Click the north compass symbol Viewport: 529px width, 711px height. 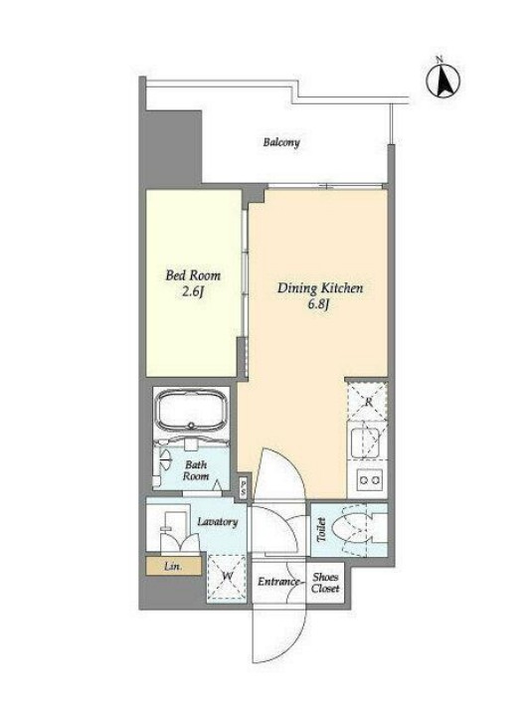[442, 81]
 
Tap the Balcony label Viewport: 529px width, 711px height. [281, 142]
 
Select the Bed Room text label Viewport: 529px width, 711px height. [193, 275]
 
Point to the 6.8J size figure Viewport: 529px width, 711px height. [318, 304]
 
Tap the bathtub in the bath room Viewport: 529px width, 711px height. [191, 411]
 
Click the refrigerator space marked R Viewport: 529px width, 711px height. [367, 402]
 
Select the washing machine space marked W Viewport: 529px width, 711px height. [227, 577]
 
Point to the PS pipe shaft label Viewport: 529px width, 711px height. [244, 489]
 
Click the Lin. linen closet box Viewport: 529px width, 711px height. [174, 566]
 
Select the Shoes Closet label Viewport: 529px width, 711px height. [325, 583]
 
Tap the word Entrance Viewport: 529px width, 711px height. [278, 582]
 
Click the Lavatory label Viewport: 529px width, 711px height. [218, 522]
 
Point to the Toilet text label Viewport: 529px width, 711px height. [321, 529]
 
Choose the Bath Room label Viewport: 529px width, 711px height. [196, 470]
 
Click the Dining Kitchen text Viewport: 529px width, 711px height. [320, 288]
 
